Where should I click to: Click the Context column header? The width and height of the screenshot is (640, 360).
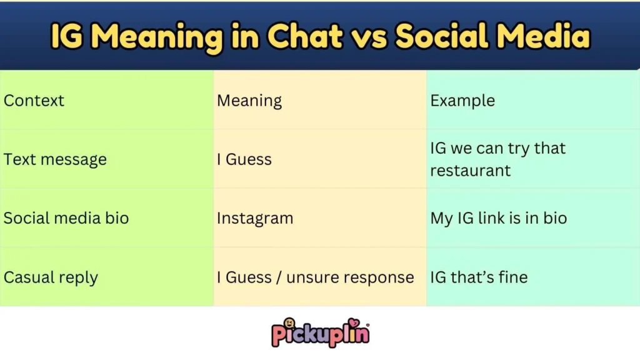click(x=34, y=101)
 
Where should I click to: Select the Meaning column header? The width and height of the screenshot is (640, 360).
click(x=249, y=101)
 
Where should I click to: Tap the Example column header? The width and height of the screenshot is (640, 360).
click(x=462, y=101)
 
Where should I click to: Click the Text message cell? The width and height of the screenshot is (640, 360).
click(x=55, y=159)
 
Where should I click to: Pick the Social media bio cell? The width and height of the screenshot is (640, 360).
click(x=66, y=218)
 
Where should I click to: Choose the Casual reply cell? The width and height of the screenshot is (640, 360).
click(x=51, y=277)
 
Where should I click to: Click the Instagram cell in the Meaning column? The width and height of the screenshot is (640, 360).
click(x=255, y=218)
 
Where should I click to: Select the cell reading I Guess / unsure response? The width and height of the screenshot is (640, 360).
click(x=316, y=277)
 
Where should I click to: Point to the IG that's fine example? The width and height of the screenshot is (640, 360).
click(x=479, y=277)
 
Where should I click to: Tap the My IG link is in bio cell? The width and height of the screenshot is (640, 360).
click(x=499, y=218)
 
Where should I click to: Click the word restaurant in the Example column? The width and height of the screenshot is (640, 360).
click(x=471, y=171)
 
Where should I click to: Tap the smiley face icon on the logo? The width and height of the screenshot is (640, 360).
click(x=289, y=324)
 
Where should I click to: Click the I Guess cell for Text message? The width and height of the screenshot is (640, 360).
click(x=244, y=159)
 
